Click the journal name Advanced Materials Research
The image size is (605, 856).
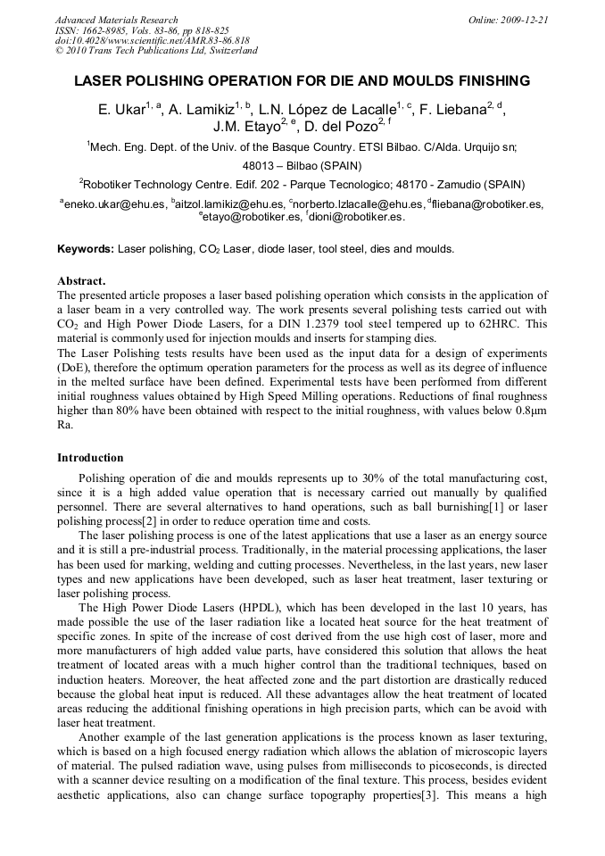click(x=117, y=20)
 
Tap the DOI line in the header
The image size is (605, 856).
click(x=152, y=40)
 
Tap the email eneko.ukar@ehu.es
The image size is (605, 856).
click(x=114, y=204)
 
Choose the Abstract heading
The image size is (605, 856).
click(x=81, y=280)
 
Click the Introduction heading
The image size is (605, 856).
click(x=90, y=458)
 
